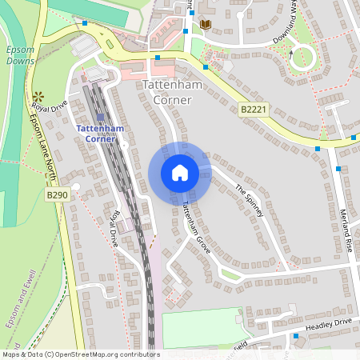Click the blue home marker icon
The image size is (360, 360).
179,172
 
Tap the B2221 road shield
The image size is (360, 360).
252,109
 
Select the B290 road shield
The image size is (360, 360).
57,194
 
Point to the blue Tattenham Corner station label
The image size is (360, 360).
100,134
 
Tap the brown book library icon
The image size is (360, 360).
206,26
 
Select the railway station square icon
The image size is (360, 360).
99,117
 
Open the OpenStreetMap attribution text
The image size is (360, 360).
81,354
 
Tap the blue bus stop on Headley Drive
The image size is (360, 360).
296,336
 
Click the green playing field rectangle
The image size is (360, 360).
202,328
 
